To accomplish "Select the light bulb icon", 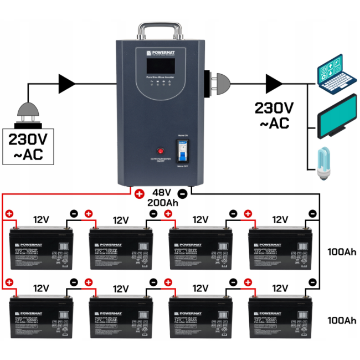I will click(323, 162).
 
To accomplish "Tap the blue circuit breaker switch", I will click(183, 150).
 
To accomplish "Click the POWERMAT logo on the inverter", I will click(161, 53).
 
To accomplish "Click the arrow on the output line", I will click(272, 84).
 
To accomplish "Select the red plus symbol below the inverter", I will click(138, 194).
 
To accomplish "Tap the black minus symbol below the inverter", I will click(183, 194).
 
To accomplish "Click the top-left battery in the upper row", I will click(42, 244).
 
